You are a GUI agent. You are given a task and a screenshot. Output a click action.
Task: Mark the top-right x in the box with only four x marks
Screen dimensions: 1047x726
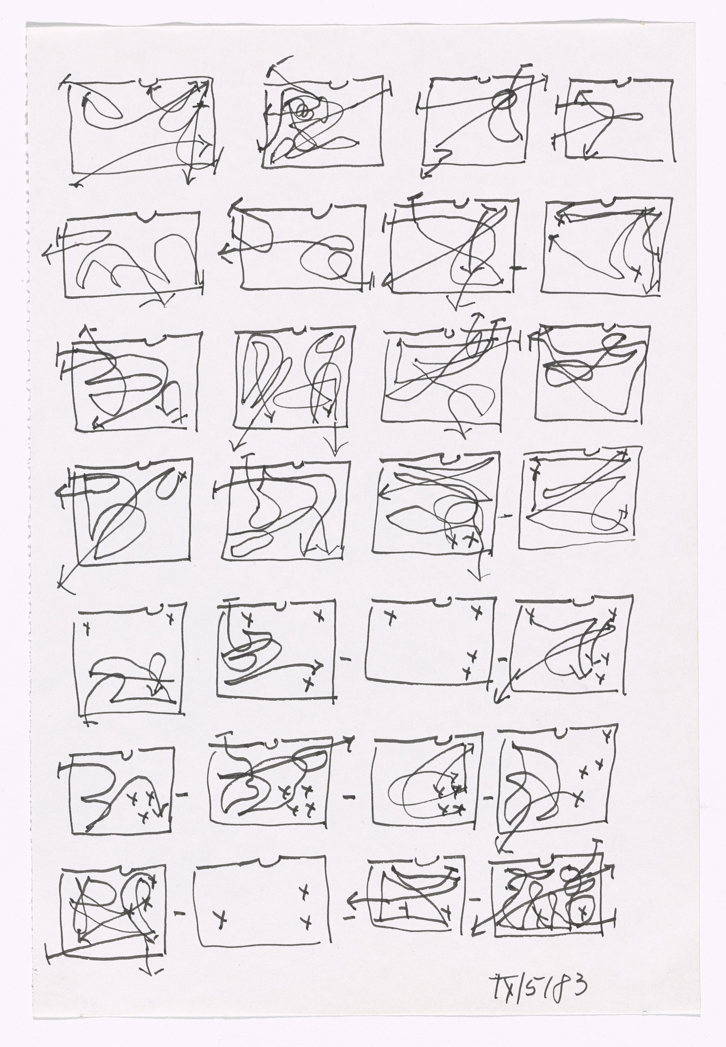[x=476, y=610]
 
